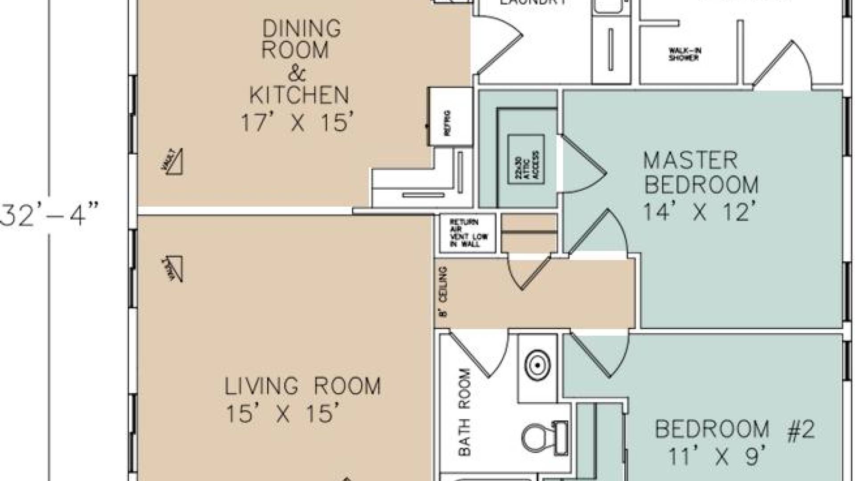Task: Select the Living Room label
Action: click(x=302, y=386)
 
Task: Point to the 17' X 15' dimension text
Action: click(x=297, y=122)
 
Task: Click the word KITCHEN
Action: click(x=299, y=95)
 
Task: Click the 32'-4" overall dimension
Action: click(x=49, y=214)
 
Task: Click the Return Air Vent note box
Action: click(x=468, y=233)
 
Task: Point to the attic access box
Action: click(x=526, y=159)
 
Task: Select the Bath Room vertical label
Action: click(x=464, y=412)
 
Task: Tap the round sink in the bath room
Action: click(x=538, y=366)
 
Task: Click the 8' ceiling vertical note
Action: click(x=442, y=292)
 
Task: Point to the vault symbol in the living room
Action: click(x=173, y=269)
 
